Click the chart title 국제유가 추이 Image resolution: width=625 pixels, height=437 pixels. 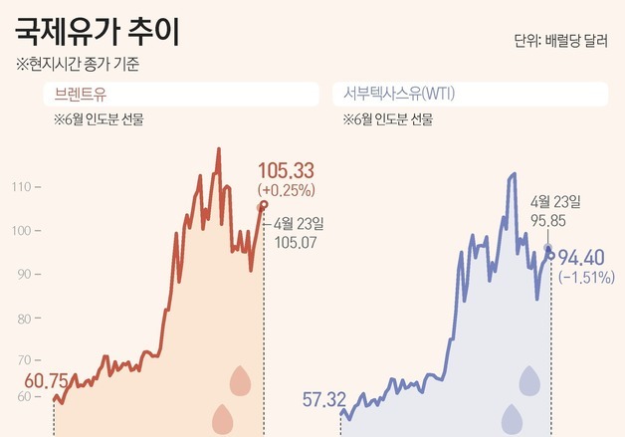[98, 32]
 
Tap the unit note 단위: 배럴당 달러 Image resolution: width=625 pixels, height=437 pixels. [561, 41]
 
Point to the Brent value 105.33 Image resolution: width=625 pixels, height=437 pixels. [286, 171]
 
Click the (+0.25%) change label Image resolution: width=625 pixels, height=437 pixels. [286, 189]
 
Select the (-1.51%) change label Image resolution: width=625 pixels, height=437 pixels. [586, 277]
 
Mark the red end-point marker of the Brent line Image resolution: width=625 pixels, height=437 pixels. [264, 205]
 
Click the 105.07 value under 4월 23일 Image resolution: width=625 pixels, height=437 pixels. [295, 241]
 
